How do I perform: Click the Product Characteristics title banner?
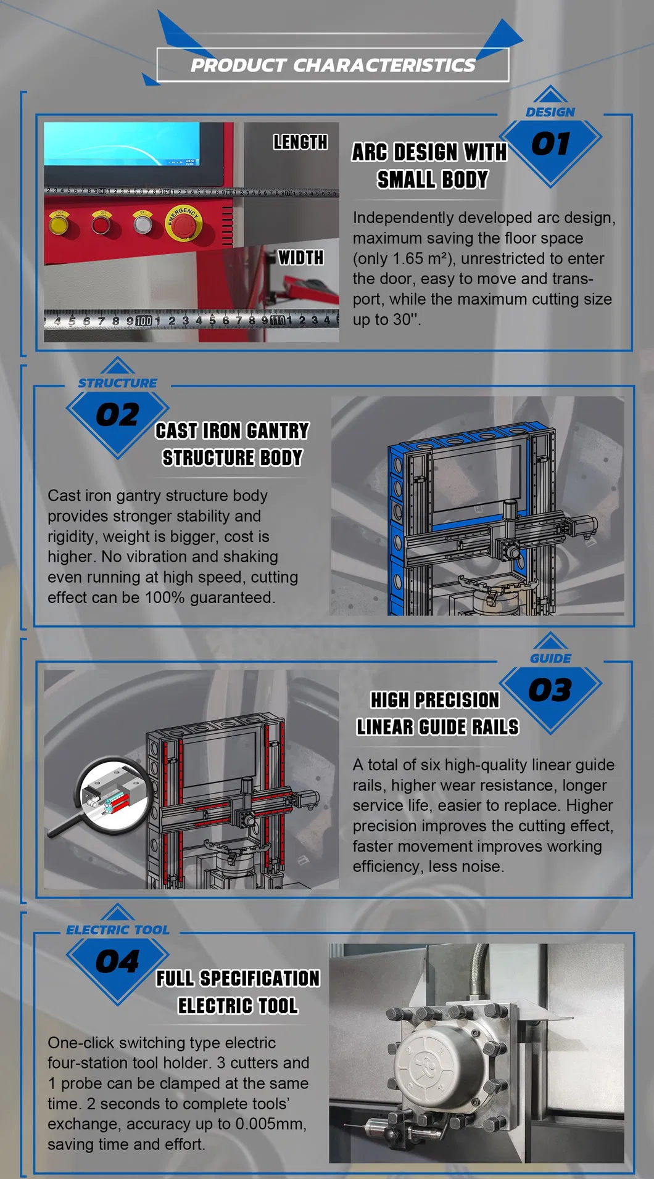click(333, 65)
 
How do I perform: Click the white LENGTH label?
click(300, 142)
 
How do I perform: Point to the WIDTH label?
click(300, 257)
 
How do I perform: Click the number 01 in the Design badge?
click(550, 144)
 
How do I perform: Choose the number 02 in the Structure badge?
click(117, 415)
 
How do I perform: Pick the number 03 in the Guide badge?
click(550, 690)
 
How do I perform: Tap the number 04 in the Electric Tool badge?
click(117, 962)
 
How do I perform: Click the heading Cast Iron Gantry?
click(232, 430)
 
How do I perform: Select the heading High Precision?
click(435, 700)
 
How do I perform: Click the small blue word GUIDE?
click(550, 659)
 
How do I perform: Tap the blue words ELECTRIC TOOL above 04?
click(117, 930)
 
